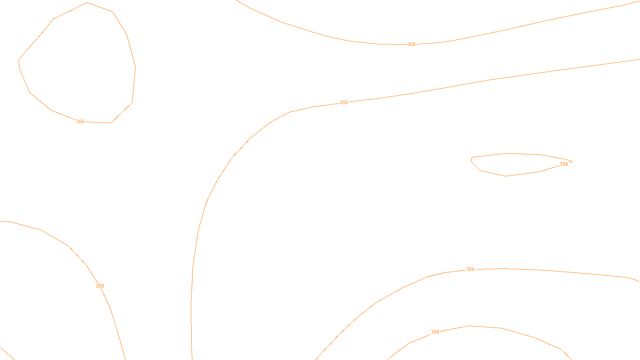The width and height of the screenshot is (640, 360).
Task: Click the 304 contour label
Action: point(564,164)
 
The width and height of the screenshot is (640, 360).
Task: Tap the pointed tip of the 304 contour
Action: point(572,162)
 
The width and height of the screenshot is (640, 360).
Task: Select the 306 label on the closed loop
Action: point(80,122)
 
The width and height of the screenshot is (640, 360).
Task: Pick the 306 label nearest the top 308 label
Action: point(344,102)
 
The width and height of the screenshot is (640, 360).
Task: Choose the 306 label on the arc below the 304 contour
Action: point(470,269)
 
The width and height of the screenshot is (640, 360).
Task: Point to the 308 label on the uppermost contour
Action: point(411,44)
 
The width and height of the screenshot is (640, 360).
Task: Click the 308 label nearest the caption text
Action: point(435,332)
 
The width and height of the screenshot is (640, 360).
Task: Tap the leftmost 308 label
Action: point(100,286)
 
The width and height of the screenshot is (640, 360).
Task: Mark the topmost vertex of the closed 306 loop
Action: point(87,3)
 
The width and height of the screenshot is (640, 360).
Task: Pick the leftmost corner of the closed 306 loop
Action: point(18,61)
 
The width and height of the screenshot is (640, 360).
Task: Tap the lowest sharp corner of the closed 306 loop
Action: point(111,123)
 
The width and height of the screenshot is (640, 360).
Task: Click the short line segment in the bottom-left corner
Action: point(7,354)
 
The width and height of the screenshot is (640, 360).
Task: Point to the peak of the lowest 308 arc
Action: point(469,326)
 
